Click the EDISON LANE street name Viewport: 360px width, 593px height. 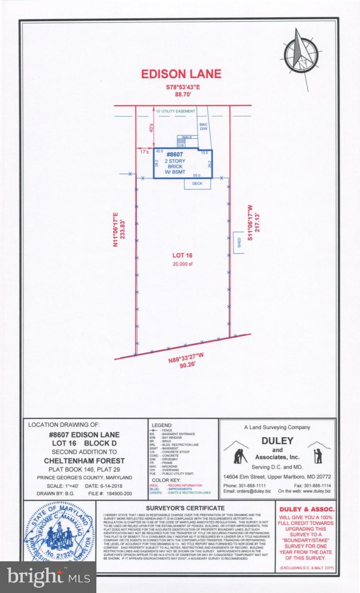(181, 74)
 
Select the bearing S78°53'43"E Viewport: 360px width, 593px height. (183, 87)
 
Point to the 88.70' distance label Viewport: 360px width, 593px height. (183, 94)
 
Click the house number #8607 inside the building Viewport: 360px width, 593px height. (175, 154)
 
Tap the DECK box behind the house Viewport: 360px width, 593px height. (197, 183)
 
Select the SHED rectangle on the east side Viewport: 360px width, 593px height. (239, 242)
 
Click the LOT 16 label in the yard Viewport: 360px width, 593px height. (183, 255)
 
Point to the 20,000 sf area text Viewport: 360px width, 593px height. (183, 264)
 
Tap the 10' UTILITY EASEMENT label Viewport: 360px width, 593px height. (175, 111)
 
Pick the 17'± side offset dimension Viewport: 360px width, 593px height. (145, 152)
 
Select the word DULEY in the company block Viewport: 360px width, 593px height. (277, 441)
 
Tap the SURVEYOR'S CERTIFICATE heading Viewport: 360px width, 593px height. (185, 508)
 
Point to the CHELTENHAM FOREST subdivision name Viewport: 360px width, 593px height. (84, 461)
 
